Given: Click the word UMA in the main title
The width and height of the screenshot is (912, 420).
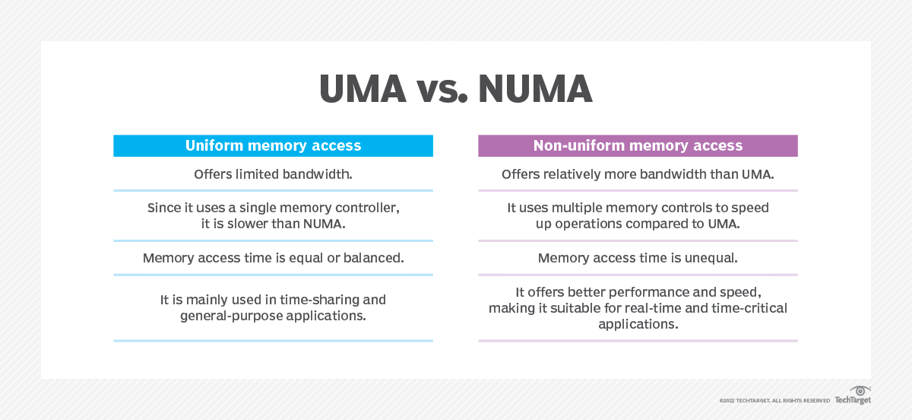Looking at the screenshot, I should [x=363, y=91].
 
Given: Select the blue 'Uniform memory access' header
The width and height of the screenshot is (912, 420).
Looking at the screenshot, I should [x=273, y=145].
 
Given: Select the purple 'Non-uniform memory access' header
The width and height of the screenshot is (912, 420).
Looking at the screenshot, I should [x=638, y=145].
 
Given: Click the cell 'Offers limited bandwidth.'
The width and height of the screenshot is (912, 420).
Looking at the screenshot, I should [x=273, y=174].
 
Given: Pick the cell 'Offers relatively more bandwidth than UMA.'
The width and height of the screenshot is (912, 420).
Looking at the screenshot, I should [x=638, y=174].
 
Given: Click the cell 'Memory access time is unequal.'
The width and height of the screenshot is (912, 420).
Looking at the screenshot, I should [x=638, y=258].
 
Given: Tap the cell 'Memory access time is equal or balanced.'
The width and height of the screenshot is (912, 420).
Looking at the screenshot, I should [x=273, y=258].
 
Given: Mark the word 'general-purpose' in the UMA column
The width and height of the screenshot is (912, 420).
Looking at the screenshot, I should [x=230, y=314].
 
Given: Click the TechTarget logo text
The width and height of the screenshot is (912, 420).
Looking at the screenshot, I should [x=853, y=400].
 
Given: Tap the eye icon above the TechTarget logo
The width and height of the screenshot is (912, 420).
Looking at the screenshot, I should [x=860, y=390].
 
